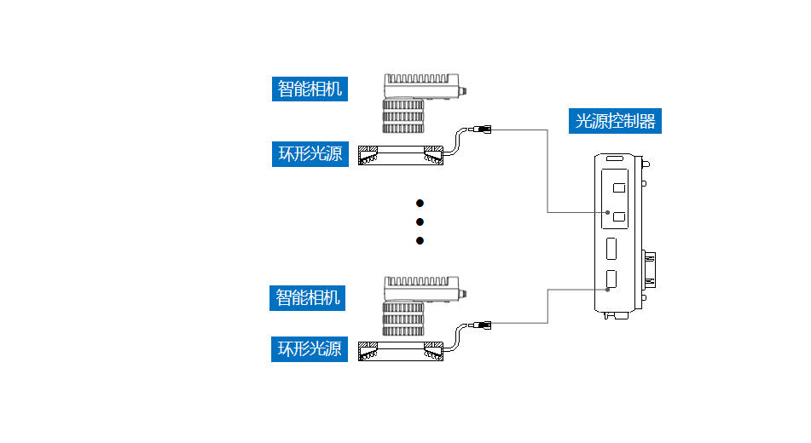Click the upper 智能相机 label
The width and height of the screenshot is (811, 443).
tap(310, 89)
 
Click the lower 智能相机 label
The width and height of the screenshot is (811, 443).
tap(310, 297)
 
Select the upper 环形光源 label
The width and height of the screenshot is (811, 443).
tap(310, 154)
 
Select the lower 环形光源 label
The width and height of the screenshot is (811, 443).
tap(310, 348)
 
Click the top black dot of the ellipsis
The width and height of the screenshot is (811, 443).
tap(420, 204)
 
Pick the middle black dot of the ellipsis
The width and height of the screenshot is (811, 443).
tap(420, 222)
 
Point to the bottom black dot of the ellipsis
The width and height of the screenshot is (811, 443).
tap(420, 241)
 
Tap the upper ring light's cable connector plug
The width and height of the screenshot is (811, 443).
tap(483, 130)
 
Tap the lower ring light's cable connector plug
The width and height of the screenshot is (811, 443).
tap(483, 324)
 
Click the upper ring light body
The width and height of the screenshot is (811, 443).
tap(401, 155)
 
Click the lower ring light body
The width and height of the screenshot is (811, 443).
tap(401, 349)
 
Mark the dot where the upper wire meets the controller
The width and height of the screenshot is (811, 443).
tap(607, 213)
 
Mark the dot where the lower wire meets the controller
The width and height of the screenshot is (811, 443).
tap(607, 290)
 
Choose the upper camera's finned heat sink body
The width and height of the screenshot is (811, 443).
tap(421, 85)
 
